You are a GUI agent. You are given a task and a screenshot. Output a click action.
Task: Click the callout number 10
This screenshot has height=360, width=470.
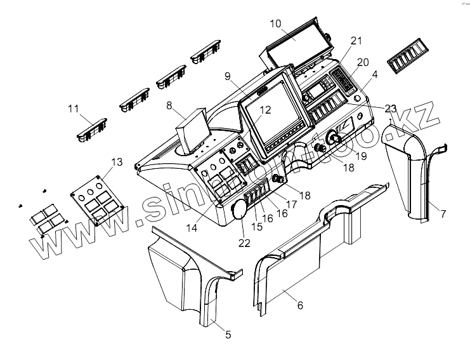click(275, 23)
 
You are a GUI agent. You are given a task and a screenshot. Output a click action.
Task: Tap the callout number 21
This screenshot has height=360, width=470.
click(356, 41)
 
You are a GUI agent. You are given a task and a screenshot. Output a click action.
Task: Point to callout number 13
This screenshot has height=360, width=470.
click(117, 163)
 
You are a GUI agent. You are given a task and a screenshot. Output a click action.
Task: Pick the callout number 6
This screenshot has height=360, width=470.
click(300, 305)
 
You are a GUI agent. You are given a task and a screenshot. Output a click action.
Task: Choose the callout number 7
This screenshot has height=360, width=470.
click(443, 214)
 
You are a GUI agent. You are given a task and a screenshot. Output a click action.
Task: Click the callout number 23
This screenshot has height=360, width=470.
click(391, 109)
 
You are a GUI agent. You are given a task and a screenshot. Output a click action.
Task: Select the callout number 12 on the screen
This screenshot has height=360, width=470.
click(265, 109)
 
